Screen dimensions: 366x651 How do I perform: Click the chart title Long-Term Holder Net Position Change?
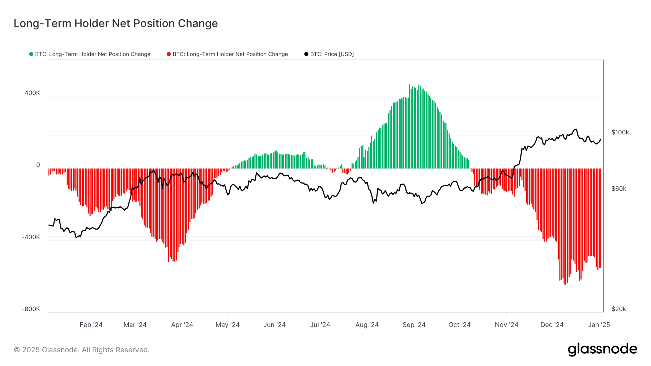click(116, 23)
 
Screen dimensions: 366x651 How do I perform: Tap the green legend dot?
click(31, 54)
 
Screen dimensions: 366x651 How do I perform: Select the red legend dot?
click(169, 54)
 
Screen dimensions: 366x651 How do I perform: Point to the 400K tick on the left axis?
click(32, 93)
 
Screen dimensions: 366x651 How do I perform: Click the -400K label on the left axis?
click(31, 237)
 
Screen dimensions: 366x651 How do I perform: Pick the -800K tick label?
click(31, 309)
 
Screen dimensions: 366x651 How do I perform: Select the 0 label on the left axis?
click(38, 165)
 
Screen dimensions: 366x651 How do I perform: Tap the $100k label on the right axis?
click(620, 132)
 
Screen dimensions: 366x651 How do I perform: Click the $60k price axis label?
click(618, 189)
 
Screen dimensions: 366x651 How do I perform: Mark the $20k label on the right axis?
click(618, 309)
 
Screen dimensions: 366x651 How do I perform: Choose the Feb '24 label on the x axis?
click(91, 325)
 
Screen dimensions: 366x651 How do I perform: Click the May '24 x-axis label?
click(227, 325)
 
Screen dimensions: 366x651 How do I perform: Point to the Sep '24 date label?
click(414, 325)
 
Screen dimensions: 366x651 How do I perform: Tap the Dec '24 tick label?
click(552, 325)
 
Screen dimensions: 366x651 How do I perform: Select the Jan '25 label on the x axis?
click(599, 325)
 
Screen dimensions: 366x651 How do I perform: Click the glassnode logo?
click(602, 349)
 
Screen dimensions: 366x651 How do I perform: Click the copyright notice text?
click(82, 350)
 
